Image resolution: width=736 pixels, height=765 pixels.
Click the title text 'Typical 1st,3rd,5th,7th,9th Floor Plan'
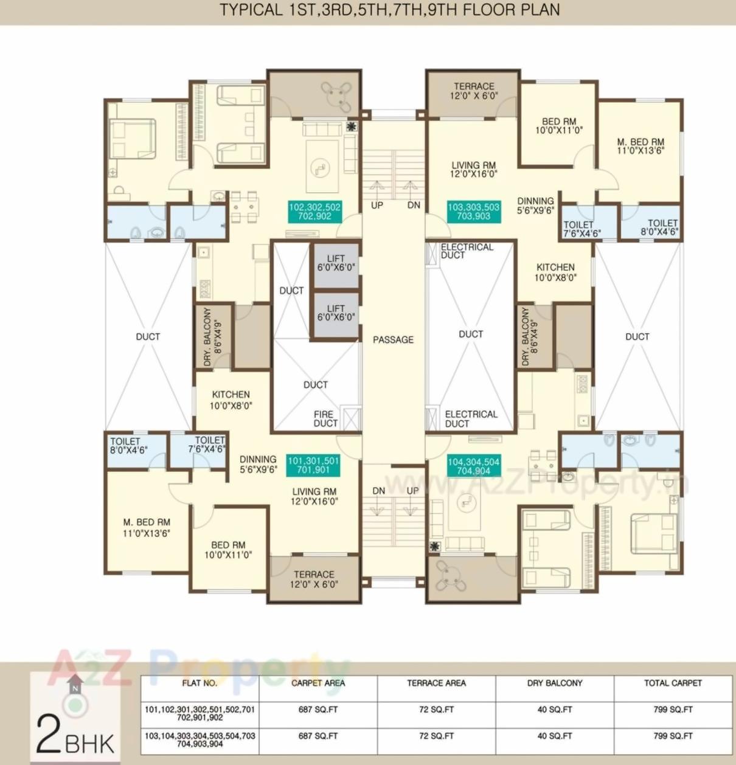389,10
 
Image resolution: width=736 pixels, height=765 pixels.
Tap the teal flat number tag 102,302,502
314,212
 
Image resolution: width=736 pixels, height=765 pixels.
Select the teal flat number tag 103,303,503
473,212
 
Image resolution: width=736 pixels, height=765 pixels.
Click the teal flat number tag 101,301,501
313,465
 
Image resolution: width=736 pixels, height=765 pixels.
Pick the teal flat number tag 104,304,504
473,466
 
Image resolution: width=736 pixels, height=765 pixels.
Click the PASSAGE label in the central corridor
393,340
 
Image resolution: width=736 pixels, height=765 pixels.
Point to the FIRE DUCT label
325,418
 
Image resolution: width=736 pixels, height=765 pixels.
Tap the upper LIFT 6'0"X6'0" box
335,263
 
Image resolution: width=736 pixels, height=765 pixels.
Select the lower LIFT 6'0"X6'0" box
335,313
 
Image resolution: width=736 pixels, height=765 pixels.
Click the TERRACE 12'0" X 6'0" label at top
473,91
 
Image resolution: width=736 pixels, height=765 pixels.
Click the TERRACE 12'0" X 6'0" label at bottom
314,579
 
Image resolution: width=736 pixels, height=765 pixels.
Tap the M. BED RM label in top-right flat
641,147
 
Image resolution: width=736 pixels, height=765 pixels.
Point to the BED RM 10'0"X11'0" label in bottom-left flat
228,550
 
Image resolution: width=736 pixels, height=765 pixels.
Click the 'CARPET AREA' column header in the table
318,684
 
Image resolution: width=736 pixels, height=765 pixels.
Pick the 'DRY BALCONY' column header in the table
554,684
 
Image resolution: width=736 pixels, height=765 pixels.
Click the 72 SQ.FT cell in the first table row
436,710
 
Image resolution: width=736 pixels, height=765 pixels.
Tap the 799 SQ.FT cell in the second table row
673,736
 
